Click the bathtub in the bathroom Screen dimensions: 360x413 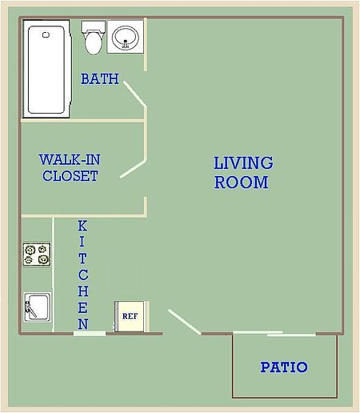[47, 69]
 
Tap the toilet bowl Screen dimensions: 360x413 [93, 43]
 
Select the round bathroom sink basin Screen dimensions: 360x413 [126, 38]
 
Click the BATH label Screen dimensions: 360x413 [100, 78]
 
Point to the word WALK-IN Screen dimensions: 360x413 [70, 159]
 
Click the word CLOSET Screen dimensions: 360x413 [70, 176]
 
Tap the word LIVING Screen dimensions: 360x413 [243, 163]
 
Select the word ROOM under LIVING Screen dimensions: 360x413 [242, 182]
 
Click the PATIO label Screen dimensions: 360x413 [284, 367]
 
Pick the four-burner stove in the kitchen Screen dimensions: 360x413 [37, 255]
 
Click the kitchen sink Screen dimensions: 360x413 [38, 307]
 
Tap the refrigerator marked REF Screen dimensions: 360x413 [130, 316]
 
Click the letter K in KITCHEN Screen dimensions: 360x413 [82, 227]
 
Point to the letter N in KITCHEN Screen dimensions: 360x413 [83, 324]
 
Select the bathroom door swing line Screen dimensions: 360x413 [135, 94]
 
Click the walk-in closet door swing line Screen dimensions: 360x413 [133, 169]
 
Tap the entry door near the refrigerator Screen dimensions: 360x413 [185, 322]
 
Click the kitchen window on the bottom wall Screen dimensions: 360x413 [90, 334]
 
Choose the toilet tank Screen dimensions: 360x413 [93, 26]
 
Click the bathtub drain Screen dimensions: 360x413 [46, 34]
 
